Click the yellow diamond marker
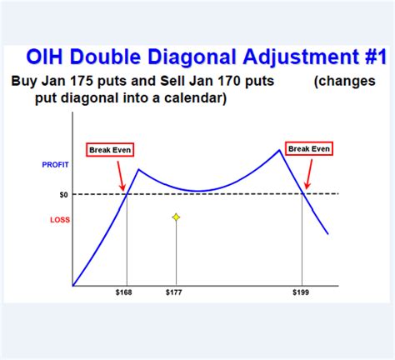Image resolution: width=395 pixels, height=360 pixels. (x=176, y=217)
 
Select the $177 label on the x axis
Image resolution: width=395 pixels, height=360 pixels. (x=175, y=293)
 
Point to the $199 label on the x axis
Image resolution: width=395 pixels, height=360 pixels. (x=302, y=293)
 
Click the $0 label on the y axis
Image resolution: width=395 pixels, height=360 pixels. (x=63, y=194)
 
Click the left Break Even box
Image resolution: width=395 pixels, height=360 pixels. (x=110, y=150)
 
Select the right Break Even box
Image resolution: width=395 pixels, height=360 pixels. (x=309, y=148)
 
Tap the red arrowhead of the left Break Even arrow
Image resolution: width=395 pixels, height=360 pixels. (x=124, y=189)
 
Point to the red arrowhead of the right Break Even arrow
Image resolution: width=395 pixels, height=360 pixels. (x=306, y=187)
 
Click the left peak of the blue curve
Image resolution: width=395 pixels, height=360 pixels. (x=139, y=170)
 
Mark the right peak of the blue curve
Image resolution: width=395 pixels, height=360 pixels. (x=278, y=150)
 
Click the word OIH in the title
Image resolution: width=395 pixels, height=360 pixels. (x=50, y=58)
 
